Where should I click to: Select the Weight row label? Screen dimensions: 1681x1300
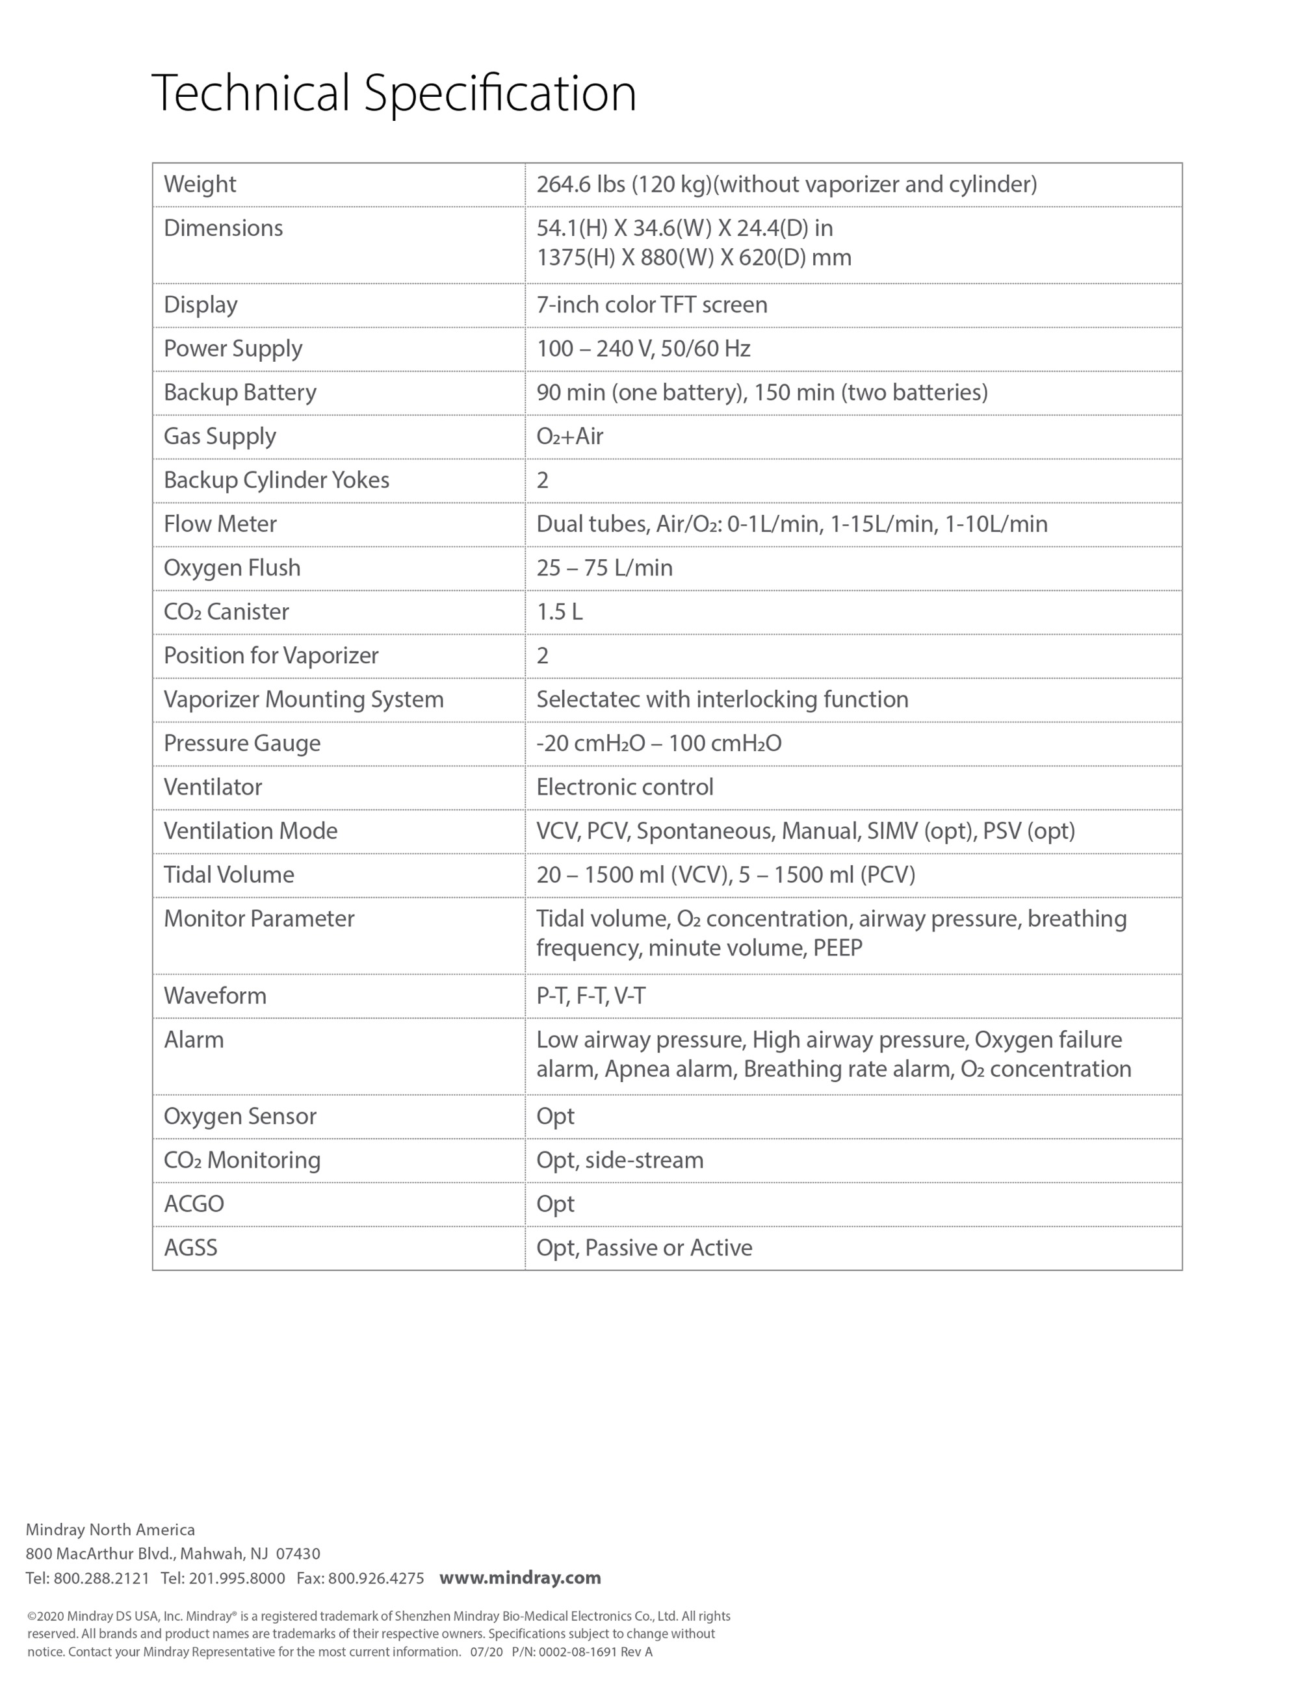coord(200,184)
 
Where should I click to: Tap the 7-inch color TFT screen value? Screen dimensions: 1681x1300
coord(651,305)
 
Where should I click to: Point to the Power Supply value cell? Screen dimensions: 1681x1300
coord(643,349)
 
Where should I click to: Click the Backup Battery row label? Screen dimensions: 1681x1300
coord(239,392)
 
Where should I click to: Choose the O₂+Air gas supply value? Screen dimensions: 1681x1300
coord(569,436)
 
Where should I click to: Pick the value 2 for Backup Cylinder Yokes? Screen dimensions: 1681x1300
coord(542,480)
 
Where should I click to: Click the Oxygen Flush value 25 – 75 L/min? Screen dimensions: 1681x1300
coord(604,568)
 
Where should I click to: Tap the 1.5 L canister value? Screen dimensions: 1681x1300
coord(559,612)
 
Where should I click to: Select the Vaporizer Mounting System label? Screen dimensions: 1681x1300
coord(304,700)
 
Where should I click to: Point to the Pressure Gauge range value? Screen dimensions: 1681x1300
coord(658,744)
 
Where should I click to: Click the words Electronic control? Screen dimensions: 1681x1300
coord(625,787)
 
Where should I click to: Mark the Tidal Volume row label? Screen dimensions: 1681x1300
coord(229,875)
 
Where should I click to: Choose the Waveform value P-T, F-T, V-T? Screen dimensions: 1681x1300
coord(591,996)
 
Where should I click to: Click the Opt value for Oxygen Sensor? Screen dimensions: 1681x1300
coord(554,1117)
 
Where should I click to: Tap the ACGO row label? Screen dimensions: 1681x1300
coord(193,1204)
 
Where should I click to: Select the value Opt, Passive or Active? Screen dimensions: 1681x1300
coord(644,1248)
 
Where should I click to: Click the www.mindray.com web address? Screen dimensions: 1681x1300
coord(520,1578)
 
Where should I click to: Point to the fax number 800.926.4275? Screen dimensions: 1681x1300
coord(376,1578)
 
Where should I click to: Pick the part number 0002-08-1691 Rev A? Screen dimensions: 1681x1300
coord(595,1652)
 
